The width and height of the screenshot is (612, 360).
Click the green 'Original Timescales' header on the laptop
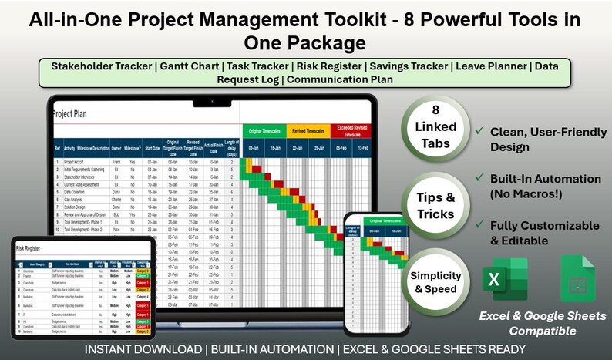click(x=264, y=131)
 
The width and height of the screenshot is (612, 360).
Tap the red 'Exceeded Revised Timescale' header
click(x=351, y=131)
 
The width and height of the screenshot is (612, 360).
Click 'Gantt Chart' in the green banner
click(x=190, y=66)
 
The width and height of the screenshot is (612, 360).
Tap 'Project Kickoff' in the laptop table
click(x=76, y=162)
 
